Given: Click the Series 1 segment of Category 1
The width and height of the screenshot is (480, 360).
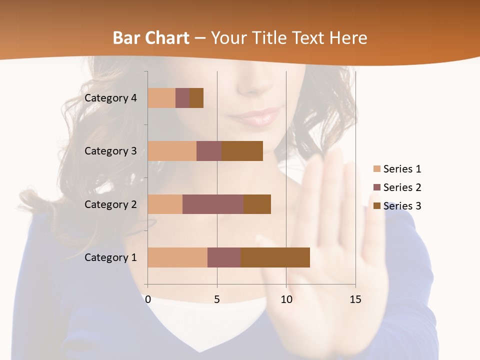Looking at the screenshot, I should (177, 257).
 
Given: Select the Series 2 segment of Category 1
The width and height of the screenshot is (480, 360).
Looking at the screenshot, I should (224, 257).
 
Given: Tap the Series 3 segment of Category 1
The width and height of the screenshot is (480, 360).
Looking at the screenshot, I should (275, 257).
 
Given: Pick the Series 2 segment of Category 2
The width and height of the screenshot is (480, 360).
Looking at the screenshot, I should (213, 204).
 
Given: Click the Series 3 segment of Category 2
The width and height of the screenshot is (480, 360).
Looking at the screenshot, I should (257, 204).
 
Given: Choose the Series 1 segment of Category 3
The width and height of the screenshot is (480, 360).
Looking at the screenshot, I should (172, 151).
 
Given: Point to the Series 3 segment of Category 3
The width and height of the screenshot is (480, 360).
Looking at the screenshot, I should (242, 151).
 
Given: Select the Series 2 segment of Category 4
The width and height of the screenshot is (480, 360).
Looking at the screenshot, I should (182, 98).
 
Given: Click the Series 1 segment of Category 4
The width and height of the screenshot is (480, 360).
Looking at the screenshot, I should (161, 98).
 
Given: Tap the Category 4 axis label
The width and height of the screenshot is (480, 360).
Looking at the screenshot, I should (110, 98).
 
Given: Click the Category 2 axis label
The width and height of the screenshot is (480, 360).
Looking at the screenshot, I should (110, 204).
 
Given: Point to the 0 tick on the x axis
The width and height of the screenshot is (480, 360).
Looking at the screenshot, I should (148, 299).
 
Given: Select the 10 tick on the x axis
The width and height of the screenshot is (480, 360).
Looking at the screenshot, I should (286, 299).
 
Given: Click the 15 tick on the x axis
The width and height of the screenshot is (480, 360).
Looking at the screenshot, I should (355, 299).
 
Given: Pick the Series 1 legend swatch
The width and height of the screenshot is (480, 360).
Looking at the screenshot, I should (377, 169).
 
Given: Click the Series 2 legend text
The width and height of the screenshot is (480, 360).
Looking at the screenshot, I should (402, 187).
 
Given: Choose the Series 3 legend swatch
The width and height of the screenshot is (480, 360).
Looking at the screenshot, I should (377, 206).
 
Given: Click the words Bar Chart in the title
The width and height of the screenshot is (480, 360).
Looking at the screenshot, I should (151, 37).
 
